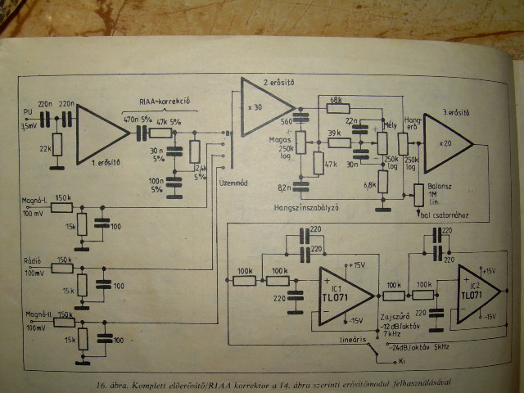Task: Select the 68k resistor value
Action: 336,100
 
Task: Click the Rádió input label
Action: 34,264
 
